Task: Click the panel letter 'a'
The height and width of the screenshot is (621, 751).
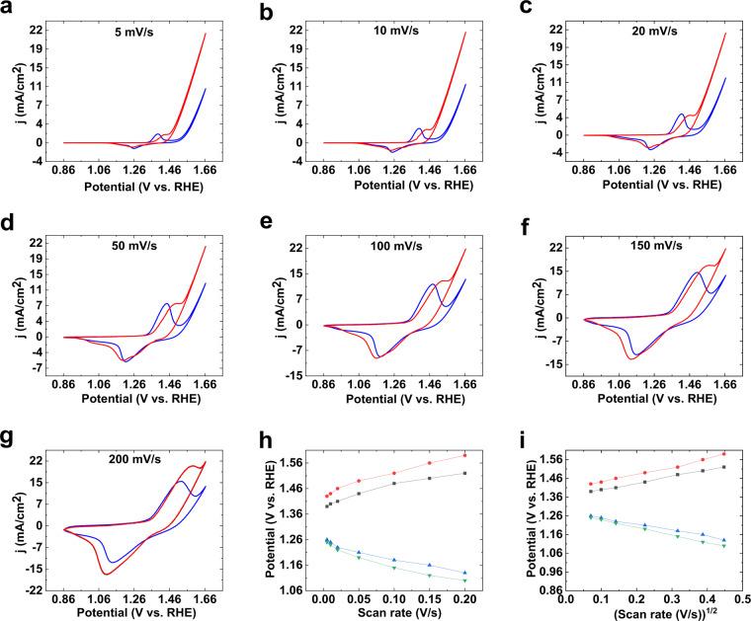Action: click(x=8, y=11)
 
